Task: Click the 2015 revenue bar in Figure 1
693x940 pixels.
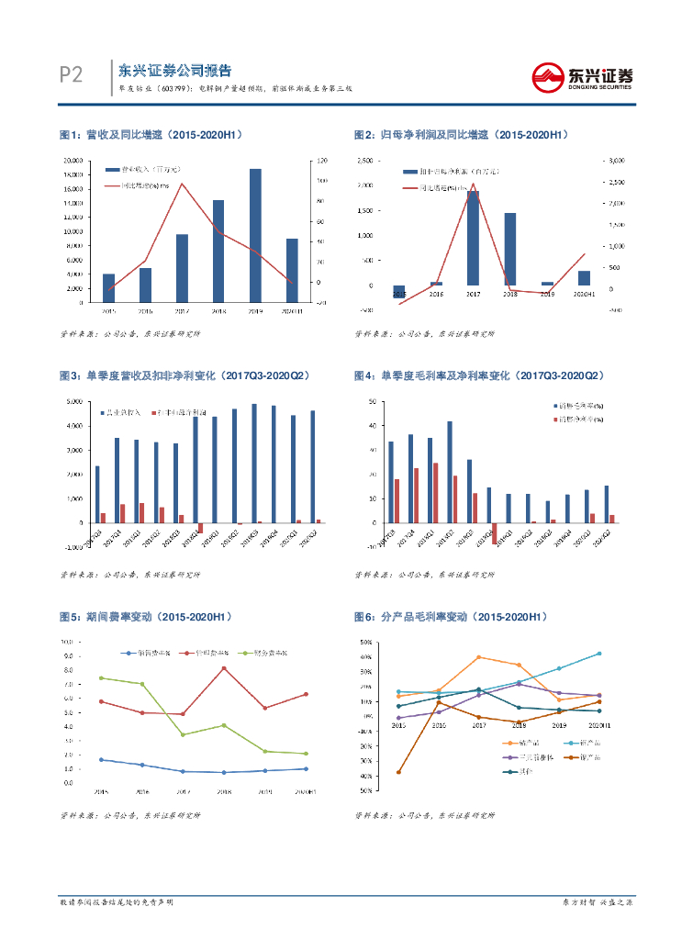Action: [x=109, y=287]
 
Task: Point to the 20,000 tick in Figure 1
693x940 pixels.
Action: [x=73, y=161]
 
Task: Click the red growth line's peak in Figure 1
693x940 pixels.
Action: [x=182, y=184]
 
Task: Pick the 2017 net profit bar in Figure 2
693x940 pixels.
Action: [x=473, y=238]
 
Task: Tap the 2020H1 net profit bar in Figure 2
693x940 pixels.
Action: [x=584, y=277]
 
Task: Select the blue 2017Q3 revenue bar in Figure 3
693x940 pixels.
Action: [x=97, y=494]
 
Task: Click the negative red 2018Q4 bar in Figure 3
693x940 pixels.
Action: [x=201, y=528]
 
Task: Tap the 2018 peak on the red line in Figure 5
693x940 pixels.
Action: [x=224, y=667]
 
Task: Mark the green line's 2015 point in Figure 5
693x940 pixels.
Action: [x=100, y=678]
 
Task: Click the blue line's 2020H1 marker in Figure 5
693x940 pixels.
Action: [x=306, y=769]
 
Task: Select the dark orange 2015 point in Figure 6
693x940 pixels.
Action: [x=398, y=772]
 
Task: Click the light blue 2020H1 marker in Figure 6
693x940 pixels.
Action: [x=599, y=654]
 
